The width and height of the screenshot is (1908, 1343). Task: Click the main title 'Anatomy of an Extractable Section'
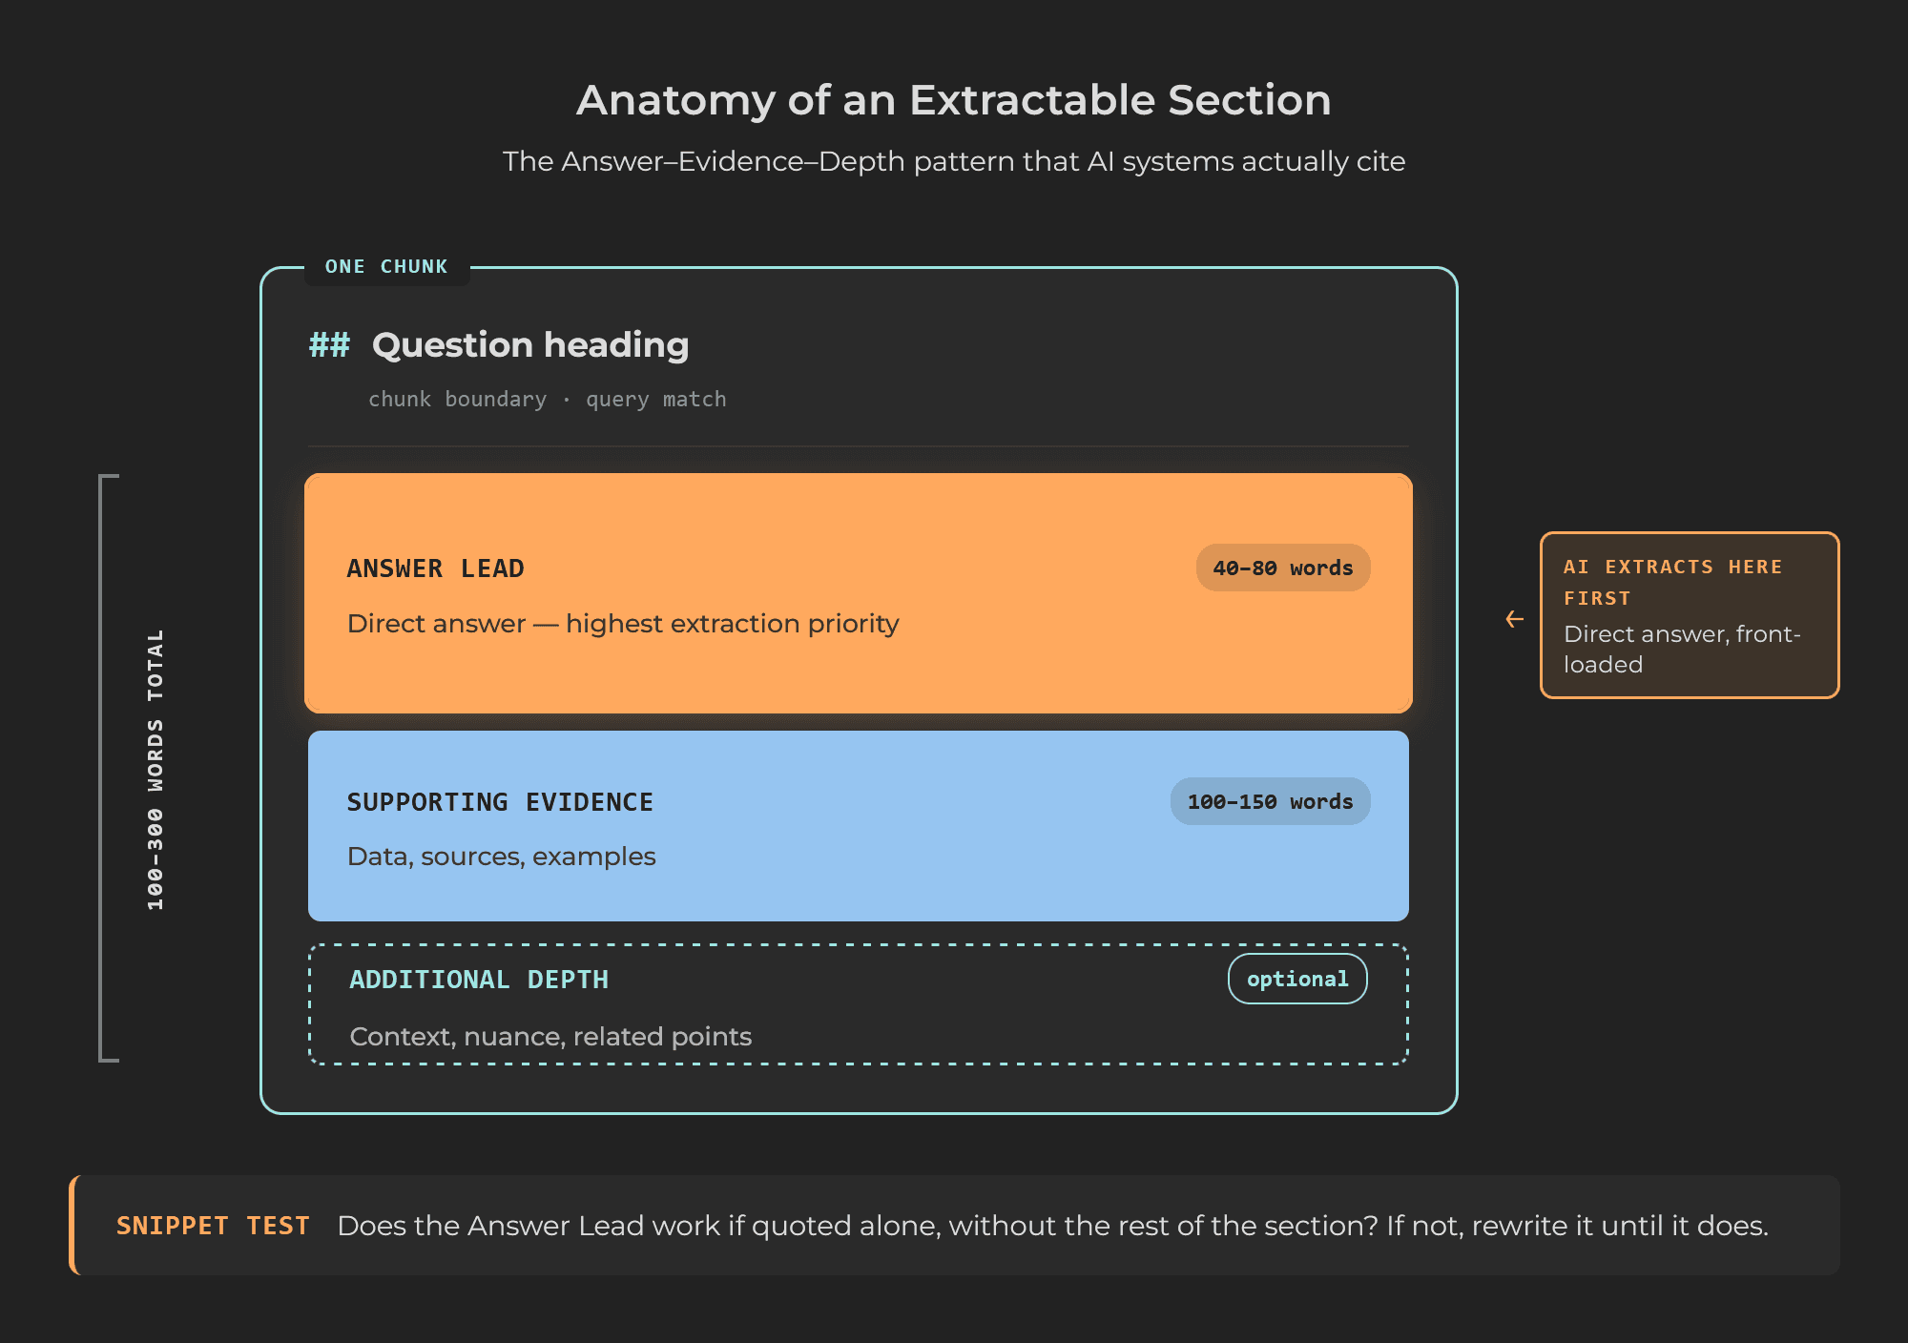pyautogui.click(x=953, y=100)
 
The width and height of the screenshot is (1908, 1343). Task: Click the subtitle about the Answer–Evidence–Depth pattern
pyautogui.click(x=953, y=161)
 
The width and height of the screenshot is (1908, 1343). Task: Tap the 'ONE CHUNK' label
pyautogui.click(x=386, y=267)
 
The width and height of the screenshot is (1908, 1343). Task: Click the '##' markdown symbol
pyautogui.click(x=329, y=344)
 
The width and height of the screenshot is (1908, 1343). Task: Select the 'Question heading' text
pyautogui.click(x=530, y=344)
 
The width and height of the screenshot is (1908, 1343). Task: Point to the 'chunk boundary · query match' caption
pyautogui.click(x=547, y=400)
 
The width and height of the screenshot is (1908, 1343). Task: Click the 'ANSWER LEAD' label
pyautogui.click(x=435, y=568)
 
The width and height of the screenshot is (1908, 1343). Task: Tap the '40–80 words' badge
pyautogui.click(x=1282, y=568)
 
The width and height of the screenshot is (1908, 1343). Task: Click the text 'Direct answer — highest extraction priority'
pyautogui.click(x=623, y=624)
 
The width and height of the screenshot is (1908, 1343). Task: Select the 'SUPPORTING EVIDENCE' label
pyautogui.click(x=500, y=802)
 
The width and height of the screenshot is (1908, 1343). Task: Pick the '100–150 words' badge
pyautogui.click(x=1270, y=802)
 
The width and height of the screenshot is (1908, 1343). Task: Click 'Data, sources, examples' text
pyautogui.click(x=501, y=857)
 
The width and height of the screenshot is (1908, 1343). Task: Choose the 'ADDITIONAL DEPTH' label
pyautogui.click(x=479, y=980)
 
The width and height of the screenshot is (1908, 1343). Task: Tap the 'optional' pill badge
pyautogui.click(x=1297, y=980)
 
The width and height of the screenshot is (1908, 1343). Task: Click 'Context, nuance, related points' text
pyautogui.click(x=550, y=1037)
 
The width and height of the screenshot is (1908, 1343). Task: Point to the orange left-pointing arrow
pyautogui.click(x=1514, y=620)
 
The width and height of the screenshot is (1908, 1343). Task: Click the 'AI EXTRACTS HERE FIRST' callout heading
pyautogui.click(x=1672, y=582)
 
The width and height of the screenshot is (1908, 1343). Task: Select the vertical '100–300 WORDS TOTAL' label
pyautogui.click(x=156, y=769)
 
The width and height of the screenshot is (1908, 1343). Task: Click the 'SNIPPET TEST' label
pyautogui.click(x=213, y=1226)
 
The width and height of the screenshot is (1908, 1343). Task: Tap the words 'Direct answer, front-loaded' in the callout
pyautogui.click(x=1681, y=649)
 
